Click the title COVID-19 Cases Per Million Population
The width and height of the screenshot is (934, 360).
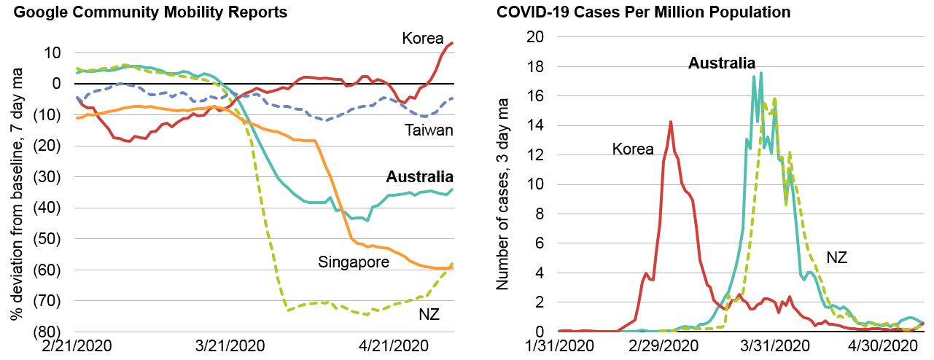[643, 12]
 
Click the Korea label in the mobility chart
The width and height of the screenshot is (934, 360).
[423, 38]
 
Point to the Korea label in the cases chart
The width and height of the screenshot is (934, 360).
[633, 149]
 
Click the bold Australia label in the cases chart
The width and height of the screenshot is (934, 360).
[722, 63]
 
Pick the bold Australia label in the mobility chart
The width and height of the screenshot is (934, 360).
[419, 177]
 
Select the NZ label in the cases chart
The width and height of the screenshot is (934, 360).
[836, 257]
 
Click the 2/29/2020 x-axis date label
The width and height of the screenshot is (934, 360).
[668, 345]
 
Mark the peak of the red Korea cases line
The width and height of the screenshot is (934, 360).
[670, 122]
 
